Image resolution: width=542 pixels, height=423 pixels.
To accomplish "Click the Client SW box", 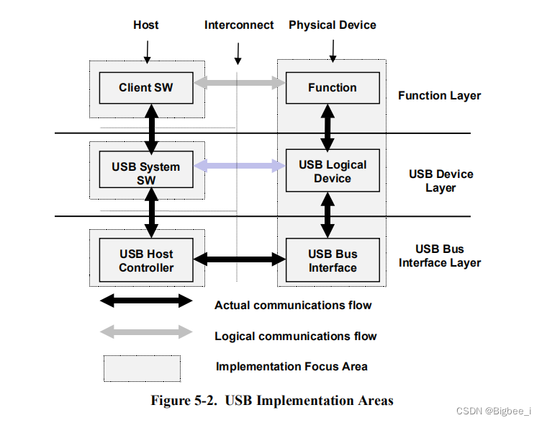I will tap(146, 88).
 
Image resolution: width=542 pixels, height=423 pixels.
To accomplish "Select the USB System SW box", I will tap(146, 174).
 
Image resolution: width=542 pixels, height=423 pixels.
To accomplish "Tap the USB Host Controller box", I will tap(146, 261).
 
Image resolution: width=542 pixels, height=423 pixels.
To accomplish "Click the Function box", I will tap(332, 88).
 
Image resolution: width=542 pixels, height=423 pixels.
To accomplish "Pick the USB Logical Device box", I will tap(332, 172).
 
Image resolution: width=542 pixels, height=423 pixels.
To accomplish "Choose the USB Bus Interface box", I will tap(332, 261).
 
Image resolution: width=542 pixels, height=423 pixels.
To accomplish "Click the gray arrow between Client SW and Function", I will tap(240, 83).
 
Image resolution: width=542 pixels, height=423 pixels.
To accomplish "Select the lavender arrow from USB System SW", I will tap(240, 166).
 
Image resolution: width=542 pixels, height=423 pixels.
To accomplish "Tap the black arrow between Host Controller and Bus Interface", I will tap(240, 258).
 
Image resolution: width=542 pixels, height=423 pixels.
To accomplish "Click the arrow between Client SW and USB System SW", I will tap(151, 127).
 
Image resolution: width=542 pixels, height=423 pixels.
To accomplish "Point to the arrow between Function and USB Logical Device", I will tap(328, 127).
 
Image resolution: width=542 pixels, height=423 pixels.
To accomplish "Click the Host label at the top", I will tap(146, 25).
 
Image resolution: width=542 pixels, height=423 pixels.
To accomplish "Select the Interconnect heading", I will tap(239, 25).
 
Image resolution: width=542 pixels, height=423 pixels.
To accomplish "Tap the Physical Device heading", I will tap(333, 25).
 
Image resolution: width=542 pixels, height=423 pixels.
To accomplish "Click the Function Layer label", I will tap(439, 96).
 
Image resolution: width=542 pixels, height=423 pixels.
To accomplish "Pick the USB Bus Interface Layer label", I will tap(440, 256).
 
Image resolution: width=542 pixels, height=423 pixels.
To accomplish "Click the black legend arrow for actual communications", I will tap(146, 300).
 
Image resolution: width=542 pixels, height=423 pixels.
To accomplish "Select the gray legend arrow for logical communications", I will tap(146, 331).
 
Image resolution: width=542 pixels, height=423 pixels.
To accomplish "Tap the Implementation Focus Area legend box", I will tap(142, 368).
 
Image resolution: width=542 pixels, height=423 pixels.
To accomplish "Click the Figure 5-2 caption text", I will tap(272, 401).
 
